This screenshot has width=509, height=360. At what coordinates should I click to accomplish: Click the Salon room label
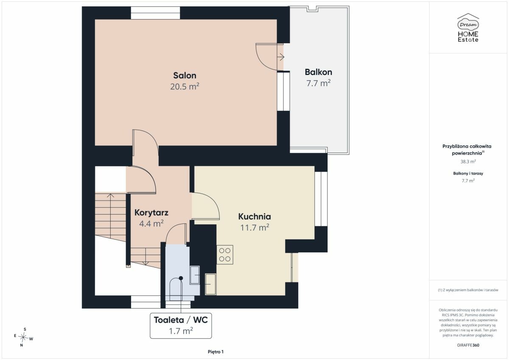pos(185,75)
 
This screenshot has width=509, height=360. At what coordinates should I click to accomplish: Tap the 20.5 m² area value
pos(185,87)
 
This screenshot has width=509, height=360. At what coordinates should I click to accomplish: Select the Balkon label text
pos(319,72)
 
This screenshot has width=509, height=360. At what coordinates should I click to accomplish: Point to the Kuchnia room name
pos(255,216)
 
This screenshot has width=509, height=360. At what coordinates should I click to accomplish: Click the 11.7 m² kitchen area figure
pos(255,227)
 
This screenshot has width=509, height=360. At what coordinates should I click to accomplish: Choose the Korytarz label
pos(151,213)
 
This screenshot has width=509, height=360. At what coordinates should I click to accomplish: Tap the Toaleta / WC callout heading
pos(181,320)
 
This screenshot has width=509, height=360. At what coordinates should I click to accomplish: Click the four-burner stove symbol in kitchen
pos(225,254)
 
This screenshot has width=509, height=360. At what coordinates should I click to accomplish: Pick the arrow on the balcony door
pos(281,57)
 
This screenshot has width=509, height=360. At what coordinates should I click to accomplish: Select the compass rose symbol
pos(23,337)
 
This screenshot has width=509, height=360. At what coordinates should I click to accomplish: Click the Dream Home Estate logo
pos(468,28)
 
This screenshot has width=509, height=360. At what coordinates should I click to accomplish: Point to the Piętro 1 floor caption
pos(215,352)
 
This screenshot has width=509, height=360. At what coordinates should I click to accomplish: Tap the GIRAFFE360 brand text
pos(468,345)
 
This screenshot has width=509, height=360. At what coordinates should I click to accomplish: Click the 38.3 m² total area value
pos(468,162)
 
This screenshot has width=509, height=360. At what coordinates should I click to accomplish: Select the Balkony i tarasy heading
pos(468,173)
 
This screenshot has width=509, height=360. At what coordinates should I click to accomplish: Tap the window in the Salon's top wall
pos(155,13)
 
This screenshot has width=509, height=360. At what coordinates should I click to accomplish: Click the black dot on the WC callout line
pos(181,278)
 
